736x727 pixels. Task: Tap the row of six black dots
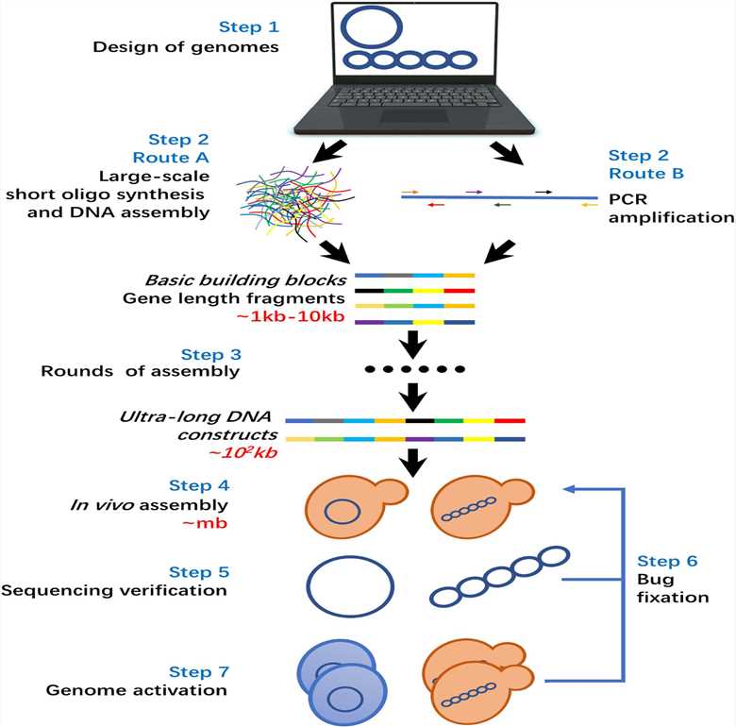tap(415, 366)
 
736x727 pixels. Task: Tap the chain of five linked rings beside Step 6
tap(498, 577)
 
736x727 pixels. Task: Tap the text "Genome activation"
tap(137, 690)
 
